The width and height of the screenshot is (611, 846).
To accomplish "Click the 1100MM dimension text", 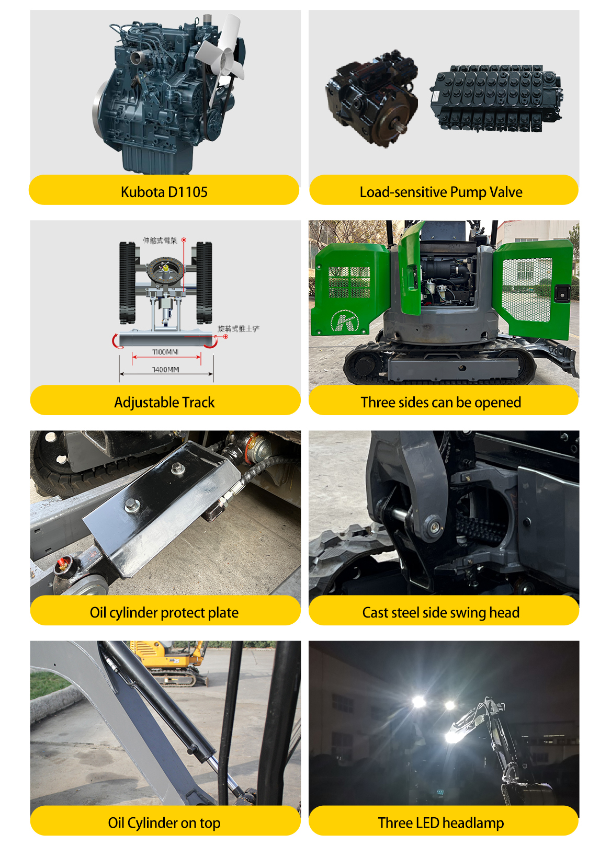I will [165, 352].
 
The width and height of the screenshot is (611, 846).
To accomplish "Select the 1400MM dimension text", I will [165, 370].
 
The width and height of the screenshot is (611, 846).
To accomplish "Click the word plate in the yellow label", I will [223, 613].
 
